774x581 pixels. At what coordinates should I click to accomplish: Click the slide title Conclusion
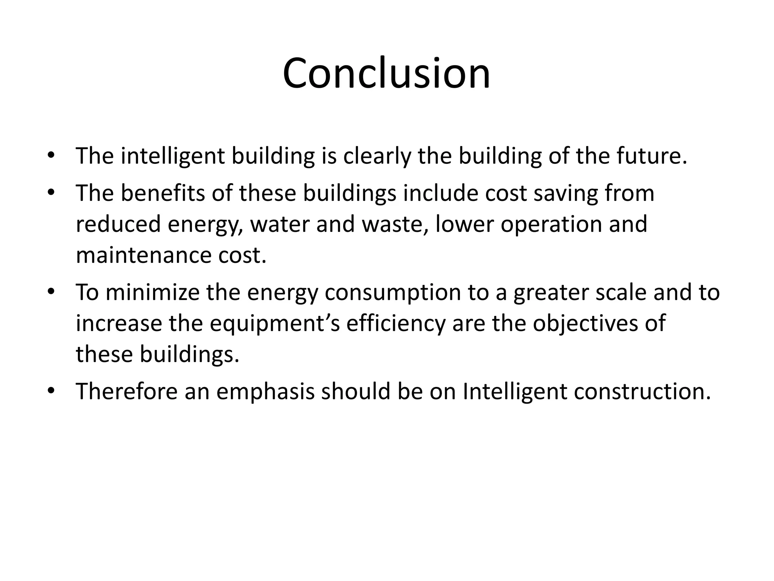pyautogui.click(x=386, y=73)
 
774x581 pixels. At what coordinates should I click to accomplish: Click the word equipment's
pyautogui.click(x=275, y=324)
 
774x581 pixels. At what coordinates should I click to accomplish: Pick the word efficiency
pyautogui.click(x=396, y=324)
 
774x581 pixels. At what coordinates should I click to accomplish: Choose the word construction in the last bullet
pyautogui.click(x=642, y=391)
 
